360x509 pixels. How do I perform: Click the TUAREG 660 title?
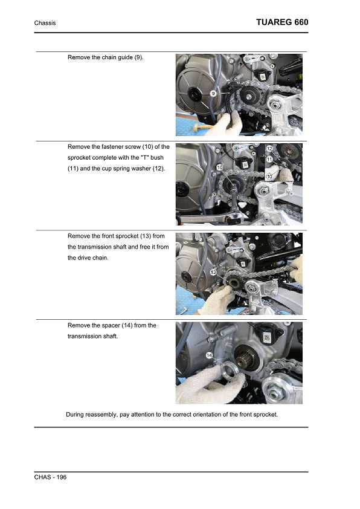[x=282, y=22]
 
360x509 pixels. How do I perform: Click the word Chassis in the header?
[x=45, y=23]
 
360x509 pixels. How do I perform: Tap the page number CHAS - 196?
[x=50, y=477]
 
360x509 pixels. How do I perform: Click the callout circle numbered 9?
[x=213, y=94]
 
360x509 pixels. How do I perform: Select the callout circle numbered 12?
[x=269, y=149]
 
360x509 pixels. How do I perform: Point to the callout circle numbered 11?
[x=269, y=160]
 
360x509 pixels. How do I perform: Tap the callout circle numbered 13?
[x=213, y=272]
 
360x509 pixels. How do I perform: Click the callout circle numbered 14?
[x=209, y=355]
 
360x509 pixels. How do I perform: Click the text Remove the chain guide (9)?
[x=106, y=57]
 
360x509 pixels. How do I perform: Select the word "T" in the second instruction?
[x=144, y=157]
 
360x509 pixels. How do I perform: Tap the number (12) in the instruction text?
[x=158, y=169]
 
